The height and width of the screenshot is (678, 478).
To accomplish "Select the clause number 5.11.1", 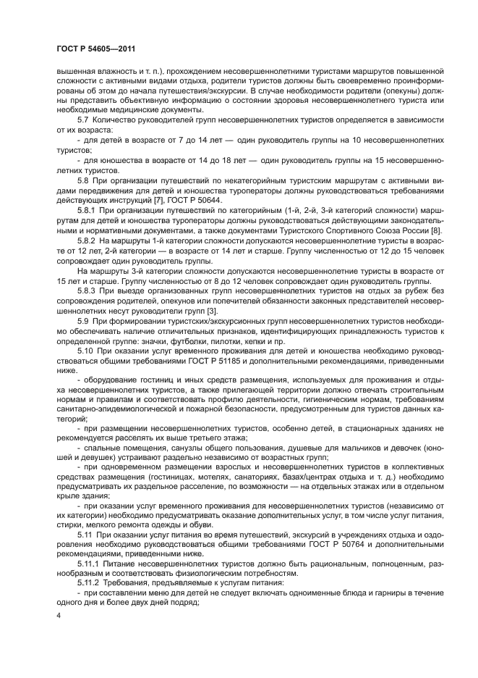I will tap(87, 561).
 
